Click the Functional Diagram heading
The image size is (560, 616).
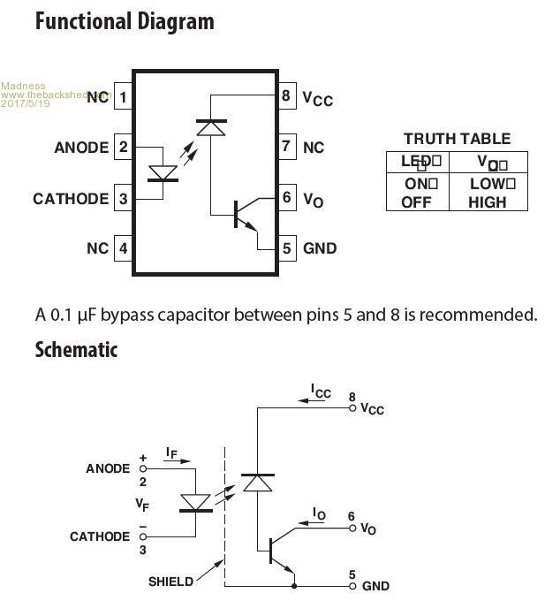point(124,21)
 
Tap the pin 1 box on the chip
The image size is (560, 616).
point(124,96)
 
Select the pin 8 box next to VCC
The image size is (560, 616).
point(286,96)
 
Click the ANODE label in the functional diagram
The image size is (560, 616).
point(81,148)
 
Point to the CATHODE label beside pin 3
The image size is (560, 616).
point(71,198)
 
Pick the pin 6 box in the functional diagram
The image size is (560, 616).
point(286,198)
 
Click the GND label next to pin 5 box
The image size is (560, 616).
point(320,248)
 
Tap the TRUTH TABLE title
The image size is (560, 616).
point(457,139)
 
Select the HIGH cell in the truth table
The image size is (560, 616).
point(488,202)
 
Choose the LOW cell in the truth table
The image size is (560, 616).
point(488,184)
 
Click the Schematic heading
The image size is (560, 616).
point(76,349)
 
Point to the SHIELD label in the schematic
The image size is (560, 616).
point(171,582)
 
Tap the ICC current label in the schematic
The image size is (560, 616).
point(320,390)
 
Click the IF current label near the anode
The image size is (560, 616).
point(170,452)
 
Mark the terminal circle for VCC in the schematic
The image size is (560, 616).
point(352,408)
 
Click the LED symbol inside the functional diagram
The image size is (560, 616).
point(162,172)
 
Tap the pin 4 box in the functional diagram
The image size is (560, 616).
point(124,248)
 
